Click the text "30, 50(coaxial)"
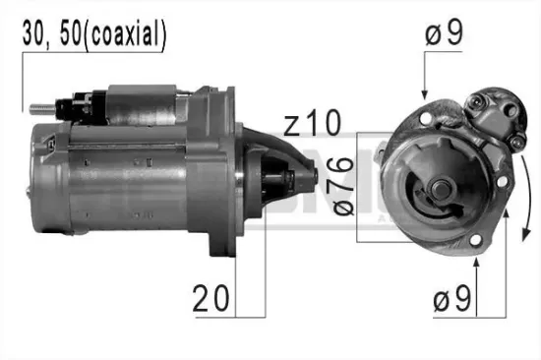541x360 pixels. click(94, 35)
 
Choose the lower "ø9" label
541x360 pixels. click(452, 298)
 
